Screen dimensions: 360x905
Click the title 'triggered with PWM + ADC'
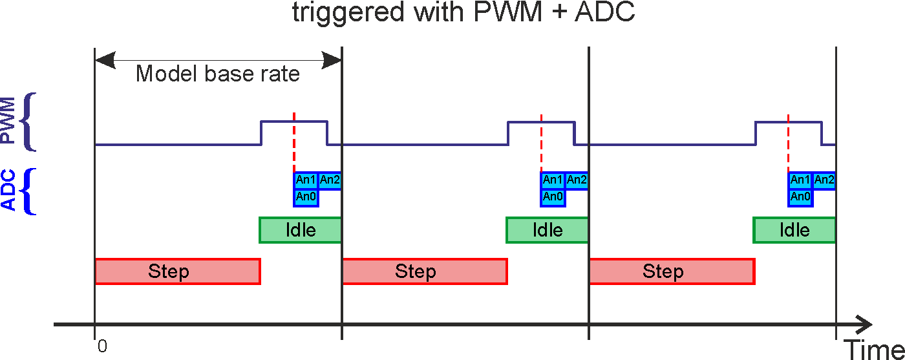pos(463,14)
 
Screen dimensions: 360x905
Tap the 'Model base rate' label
pos(218,74)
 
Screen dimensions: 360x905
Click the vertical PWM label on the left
pos(8,122)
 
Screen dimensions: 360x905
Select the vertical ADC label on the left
pos(8,191)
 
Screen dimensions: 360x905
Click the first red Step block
pos(177,271)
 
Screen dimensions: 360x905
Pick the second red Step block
pos(424,271)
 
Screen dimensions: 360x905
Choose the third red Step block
pos(672,271)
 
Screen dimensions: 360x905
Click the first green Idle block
pos(301,230)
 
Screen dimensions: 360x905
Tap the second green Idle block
pos(548,230)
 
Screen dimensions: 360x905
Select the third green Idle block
pos(794,230)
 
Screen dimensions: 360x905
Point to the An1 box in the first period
pos(306,180)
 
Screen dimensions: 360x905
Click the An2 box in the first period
pos(330,180)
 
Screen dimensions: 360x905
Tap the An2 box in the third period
pos(824,180)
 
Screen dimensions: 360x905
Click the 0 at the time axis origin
pos(102,346)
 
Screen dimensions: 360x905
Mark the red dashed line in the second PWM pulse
pos(541,142)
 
